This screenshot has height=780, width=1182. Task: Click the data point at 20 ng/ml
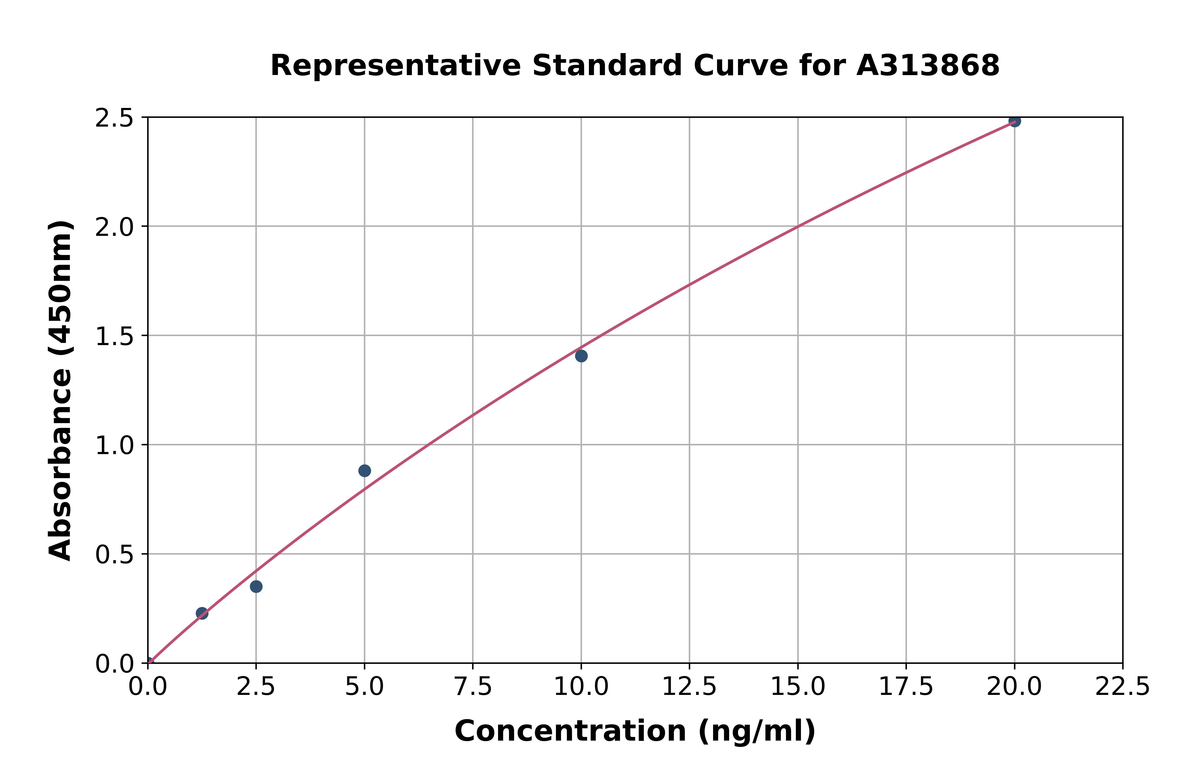[1014, 121]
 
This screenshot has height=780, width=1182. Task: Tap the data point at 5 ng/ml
[365, 471]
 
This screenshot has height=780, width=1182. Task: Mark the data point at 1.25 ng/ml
[202, 613]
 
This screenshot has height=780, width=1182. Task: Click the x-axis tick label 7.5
[473, 687]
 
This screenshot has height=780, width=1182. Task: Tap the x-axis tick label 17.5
[906, 687]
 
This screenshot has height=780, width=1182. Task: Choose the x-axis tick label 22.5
[1122, 687]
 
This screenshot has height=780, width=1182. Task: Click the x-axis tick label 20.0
[1014, 687]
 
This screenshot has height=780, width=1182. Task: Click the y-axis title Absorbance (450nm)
[61, 391]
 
